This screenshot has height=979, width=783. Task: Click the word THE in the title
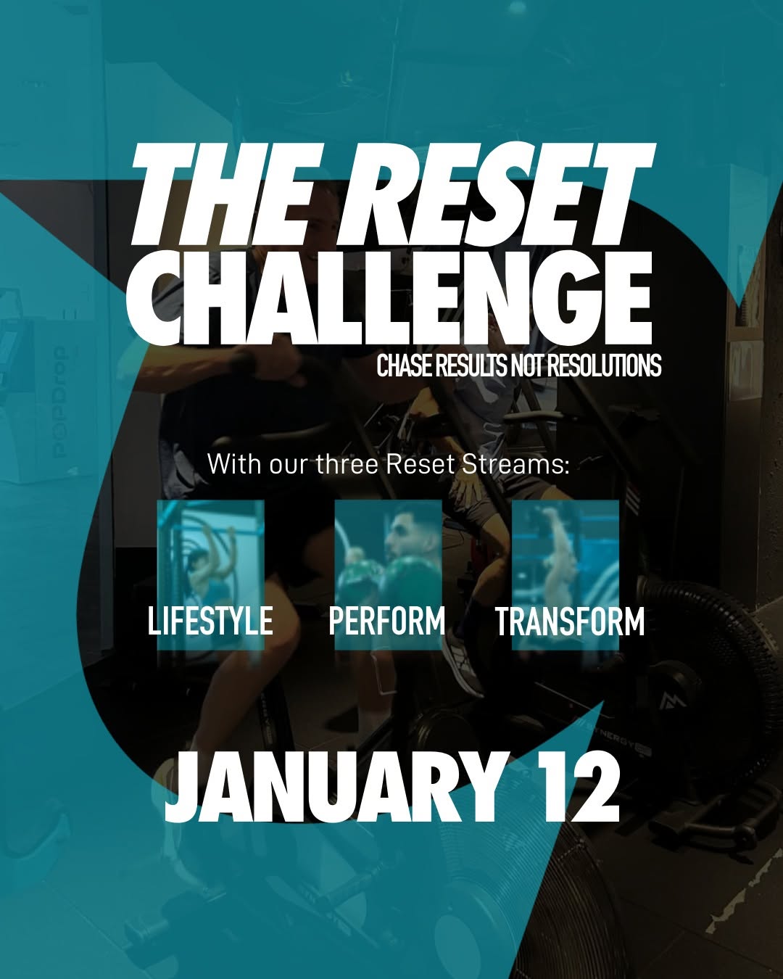pos(217,194)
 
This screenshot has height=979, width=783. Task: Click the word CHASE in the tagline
pos(404,366)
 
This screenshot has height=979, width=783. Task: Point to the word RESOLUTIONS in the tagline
pos(604,366)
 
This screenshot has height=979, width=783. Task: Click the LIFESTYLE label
pos(210,621)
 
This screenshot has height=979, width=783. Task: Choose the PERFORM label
pos(387,621)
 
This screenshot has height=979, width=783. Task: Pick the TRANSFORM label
pos(570,621)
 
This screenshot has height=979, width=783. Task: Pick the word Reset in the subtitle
pos(420,463)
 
